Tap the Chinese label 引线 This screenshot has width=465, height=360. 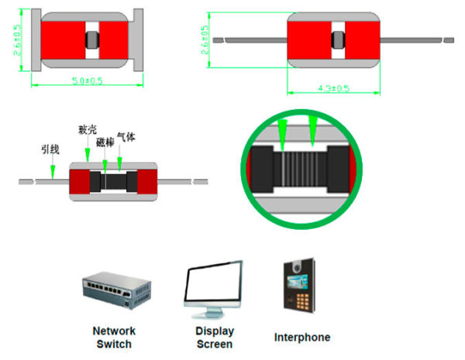pos(50,148)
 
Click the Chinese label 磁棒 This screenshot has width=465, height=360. pos(105,142)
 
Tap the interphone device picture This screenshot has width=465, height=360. pos(299,286)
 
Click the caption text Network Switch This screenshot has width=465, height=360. pos(114,337)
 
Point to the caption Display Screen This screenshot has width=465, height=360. pos(214,338)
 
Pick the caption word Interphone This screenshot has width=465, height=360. pos(302,338)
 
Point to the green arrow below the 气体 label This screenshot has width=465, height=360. pos(119,163)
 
